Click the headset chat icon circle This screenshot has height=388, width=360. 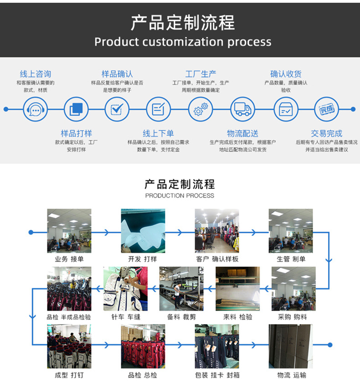point(35,109)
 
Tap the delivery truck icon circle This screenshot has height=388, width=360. point(242,109)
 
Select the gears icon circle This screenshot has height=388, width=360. point(201,109)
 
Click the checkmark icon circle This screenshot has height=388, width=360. point(117,109)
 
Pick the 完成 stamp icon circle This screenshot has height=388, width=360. point(326,109)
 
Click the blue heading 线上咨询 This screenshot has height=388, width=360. point(36,74)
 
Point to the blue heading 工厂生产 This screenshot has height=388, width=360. point(201,74)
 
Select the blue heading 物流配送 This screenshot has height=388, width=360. point(242,133)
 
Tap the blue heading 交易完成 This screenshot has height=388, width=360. point(326,133)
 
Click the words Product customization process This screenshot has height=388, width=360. point(182,42)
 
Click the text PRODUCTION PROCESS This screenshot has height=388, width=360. point(180,195)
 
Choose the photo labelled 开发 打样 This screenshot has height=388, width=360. point(143,230)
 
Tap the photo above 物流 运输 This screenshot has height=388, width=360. point(291,346)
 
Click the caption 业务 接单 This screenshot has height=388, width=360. point(69,259)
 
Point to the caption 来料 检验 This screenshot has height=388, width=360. point(237,317)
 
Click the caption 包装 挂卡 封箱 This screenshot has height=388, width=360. point(216,375)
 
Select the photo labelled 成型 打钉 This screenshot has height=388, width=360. point(69,346)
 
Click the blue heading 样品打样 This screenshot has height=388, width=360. point(76,133)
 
